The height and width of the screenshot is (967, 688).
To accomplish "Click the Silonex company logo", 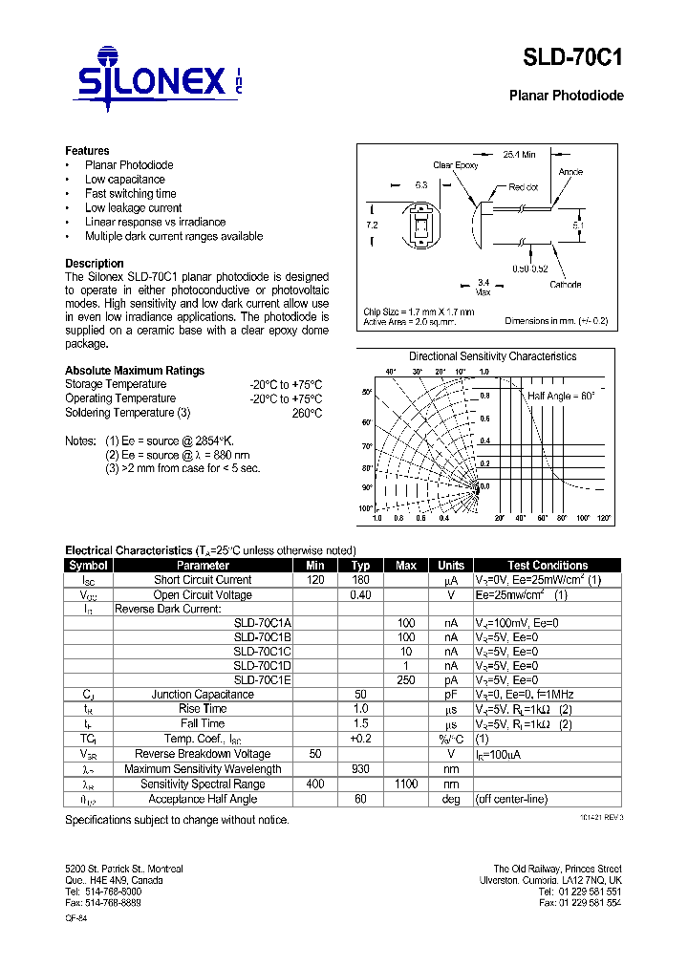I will click(x=159, y=77).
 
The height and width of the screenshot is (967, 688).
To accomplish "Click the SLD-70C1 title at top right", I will click(x=572, y=58).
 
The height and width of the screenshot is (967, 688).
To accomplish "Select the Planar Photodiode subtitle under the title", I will click(x=566, y=96).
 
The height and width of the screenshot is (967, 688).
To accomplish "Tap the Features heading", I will click(x=87, y=151).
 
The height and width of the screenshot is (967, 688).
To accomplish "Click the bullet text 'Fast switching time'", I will click(x=130, y=194).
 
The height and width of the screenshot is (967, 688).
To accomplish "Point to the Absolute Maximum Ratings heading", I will click(x=134, y=371).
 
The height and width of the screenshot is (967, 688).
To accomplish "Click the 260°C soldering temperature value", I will click(x=307, y=413).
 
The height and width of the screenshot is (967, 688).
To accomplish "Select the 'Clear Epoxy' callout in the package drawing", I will click(x=455, y=165).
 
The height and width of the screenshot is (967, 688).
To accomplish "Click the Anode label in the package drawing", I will click(x=570, y=172).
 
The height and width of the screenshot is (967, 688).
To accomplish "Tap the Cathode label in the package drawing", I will click(x=565, y=285).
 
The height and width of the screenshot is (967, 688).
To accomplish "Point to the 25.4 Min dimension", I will click(x=519, y=153).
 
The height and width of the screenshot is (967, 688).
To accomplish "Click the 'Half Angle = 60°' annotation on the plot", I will click(x=561, y=396).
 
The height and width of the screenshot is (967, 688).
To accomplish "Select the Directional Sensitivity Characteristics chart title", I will click(x=492, y=356).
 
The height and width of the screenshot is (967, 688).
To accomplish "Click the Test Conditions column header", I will click(x=547, y=566).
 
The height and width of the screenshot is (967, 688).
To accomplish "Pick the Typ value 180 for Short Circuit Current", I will click(x=360, y=580).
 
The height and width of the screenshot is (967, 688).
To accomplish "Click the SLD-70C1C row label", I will click(x=262, y=652).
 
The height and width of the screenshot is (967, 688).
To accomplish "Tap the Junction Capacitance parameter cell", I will click(x=203, y=695).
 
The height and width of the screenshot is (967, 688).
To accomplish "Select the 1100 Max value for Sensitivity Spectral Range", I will click(x=405, y=784).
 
